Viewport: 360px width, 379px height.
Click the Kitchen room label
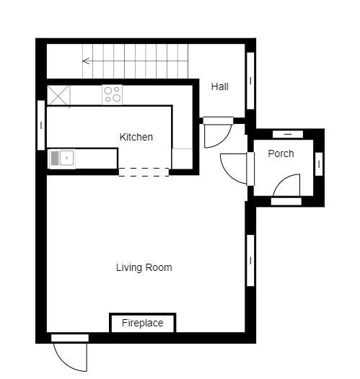(136, 137)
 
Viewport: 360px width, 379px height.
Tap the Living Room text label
(144, 267)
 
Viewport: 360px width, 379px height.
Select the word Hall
(219, 86)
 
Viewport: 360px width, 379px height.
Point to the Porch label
(281, 153)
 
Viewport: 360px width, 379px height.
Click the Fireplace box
(143, 323)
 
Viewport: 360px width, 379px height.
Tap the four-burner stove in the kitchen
(112, 94)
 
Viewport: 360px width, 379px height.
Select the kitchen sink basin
(66, 158)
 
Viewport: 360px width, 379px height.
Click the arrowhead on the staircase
(86, 61)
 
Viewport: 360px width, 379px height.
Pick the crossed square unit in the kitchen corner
(58, 96)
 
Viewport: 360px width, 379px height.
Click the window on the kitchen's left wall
(41, 125)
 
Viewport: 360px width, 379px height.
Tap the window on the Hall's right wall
(250, 81)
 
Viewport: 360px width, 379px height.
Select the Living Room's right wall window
(250, 261)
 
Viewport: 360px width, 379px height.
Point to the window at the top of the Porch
(288, 134)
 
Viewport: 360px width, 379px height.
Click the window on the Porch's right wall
(319, 164)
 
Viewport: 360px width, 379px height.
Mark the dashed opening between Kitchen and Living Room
(144, 172)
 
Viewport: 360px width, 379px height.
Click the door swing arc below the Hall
(223, 141)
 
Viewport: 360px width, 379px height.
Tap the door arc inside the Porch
(282, 180)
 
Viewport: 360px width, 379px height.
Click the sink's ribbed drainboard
(55, 158)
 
